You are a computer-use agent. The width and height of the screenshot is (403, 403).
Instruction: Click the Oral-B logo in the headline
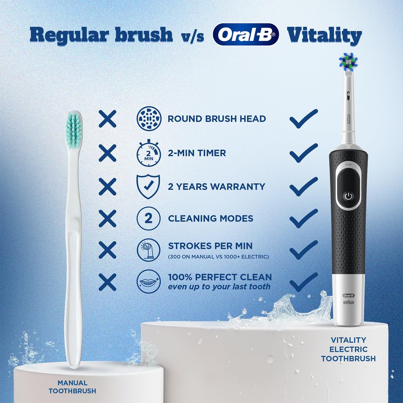[246, 35]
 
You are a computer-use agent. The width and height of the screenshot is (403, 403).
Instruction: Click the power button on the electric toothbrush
[348, 196]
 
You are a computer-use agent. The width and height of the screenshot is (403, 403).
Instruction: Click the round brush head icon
[149, 118]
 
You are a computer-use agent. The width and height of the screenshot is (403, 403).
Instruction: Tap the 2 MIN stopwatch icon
[149, 153]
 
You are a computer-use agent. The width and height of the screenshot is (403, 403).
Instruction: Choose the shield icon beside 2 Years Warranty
[148, 186]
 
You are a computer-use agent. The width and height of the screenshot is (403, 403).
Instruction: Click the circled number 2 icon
[149, 218]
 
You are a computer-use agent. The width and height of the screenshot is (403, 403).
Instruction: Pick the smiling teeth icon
[149, 281]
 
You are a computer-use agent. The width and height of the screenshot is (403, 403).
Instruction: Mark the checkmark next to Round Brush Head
[304, 119]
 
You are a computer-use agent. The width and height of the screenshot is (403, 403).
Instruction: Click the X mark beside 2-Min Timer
[107, 153]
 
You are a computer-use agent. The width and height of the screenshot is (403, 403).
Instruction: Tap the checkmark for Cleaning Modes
[304, 218]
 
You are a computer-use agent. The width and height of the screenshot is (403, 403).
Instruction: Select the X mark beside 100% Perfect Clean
[107, 282]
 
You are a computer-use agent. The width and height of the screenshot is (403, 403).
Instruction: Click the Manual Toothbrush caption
[73, 387]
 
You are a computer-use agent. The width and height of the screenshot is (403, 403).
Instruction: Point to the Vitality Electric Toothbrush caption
[348, 349]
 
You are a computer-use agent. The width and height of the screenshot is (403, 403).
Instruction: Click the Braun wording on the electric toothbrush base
[349, 303]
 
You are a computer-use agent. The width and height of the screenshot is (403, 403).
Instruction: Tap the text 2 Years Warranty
[217, 186]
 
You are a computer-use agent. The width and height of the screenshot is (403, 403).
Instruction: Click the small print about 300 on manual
[218, 257]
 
